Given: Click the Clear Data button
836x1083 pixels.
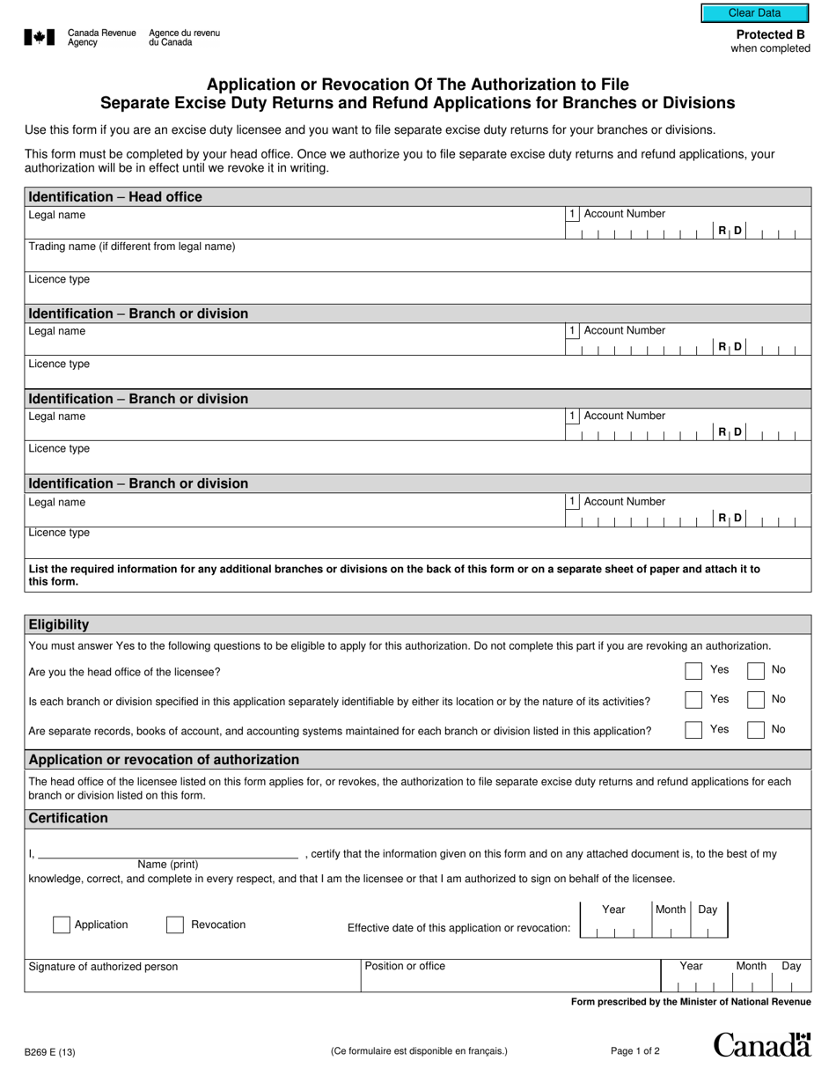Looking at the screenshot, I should [x=754, y=13].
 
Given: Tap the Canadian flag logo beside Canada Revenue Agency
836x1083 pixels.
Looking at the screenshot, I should [x=39, y=37].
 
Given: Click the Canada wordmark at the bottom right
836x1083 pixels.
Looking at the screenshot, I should [x=761, y=1044].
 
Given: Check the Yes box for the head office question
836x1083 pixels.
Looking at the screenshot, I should [x=693, y=671].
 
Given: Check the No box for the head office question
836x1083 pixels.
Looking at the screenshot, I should [x=755, y=671].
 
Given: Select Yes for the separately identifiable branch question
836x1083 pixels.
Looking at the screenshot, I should [x=693, y=700].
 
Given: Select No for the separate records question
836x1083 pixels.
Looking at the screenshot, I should [x=755, y=730].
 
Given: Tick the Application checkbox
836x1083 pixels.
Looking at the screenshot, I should [x=62, y=925].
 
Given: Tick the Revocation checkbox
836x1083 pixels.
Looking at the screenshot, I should [x=175, y=925].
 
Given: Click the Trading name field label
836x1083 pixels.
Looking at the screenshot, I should [x=132, y=247].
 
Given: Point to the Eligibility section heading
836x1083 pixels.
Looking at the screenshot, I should [x=59, y=624].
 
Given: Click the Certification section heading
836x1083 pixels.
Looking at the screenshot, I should [x=69, y=818].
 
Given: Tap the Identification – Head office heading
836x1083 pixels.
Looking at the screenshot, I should [x=115, y=196].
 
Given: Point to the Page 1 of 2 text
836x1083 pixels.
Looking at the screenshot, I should [x=634, y=1050].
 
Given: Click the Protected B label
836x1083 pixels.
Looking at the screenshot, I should [x=770, y=35].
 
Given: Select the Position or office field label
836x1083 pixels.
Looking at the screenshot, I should [x=405, y=966].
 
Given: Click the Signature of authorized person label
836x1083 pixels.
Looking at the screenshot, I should [x=103, y=967].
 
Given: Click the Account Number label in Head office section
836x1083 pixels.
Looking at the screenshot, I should [x=625, y=214].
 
